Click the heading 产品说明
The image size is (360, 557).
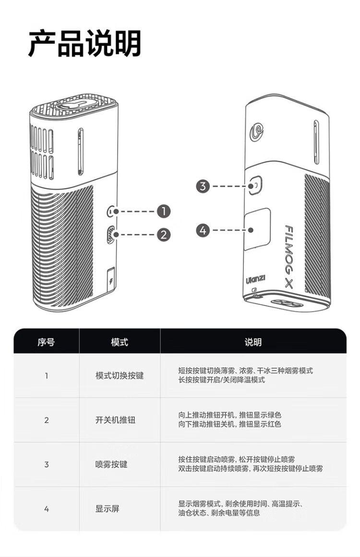(x=85, y=44)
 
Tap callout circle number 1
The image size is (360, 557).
(x=164, y=211)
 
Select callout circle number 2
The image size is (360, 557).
(x=164, y=235)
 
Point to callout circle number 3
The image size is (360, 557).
(x=203, y=186)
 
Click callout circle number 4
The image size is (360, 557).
(x=203, y=230)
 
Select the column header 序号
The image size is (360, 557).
(x=46, y=342)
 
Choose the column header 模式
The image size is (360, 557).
(x=120, y=342)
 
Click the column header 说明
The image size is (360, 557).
(x=253, y=342)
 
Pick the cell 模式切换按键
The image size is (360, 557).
(x=120, y=376)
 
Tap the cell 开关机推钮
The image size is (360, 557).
(x=115, y=420)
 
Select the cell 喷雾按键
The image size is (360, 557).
(x=111, y=464)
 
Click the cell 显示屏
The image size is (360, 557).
(x=107, y=509)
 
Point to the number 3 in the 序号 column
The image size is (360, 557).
(x=46, y=464)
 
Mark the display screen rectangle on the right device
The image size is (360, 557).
(x=257, y=229)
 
